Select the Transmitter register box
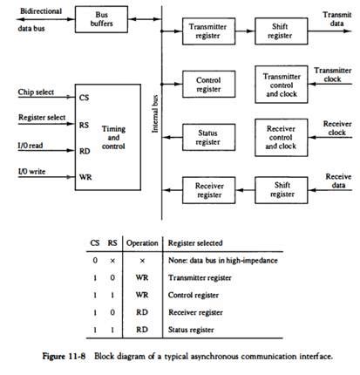click(207, 32)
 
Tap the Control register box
click(207, 83)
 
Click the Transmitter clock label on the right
click(332, 74)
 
